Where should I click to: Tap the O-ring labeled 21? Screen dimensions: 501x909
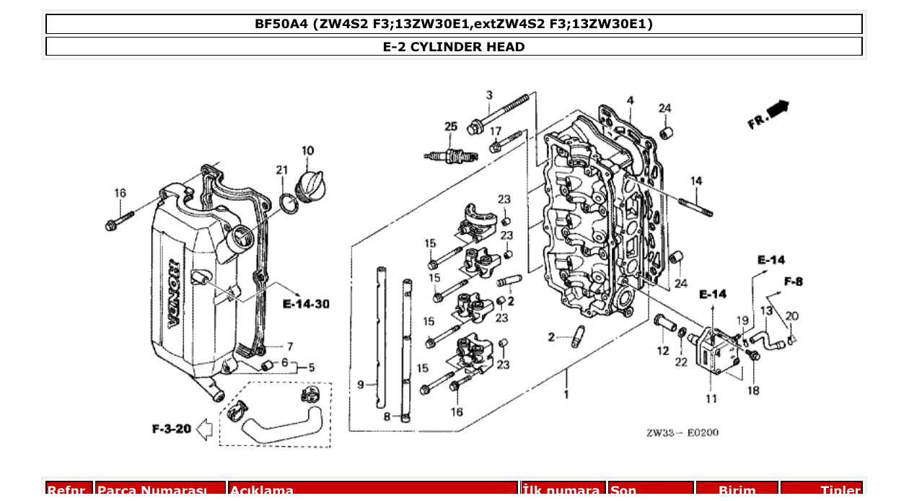point(287,204)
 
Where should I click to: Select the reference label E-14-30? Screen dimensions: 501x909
point(306,304)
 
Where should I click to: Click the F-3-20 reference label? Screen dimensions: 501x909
point(172,429)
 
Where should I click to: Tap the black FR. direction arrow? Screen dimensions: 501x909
point(778,110)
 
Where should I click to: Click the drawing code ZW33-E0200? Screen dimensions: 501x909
point(682,433)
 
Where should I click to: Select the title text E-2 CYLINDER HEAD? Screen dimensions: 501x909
point(454,47)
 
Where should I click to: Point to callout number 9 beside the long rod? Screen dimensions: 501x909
point(361,385)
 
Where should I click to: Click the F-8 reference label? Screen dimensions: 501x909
point(793,282)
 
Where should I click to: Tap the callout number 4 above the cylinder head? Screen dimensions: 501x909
point(630,100)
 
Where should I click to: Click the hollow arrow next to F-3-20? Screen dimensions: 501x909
point(204,430)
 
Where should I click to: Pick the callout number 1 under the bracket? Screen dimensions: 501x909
point(566,394)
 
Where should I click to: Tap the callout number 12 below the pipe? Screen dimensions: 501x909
point(663,351)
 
